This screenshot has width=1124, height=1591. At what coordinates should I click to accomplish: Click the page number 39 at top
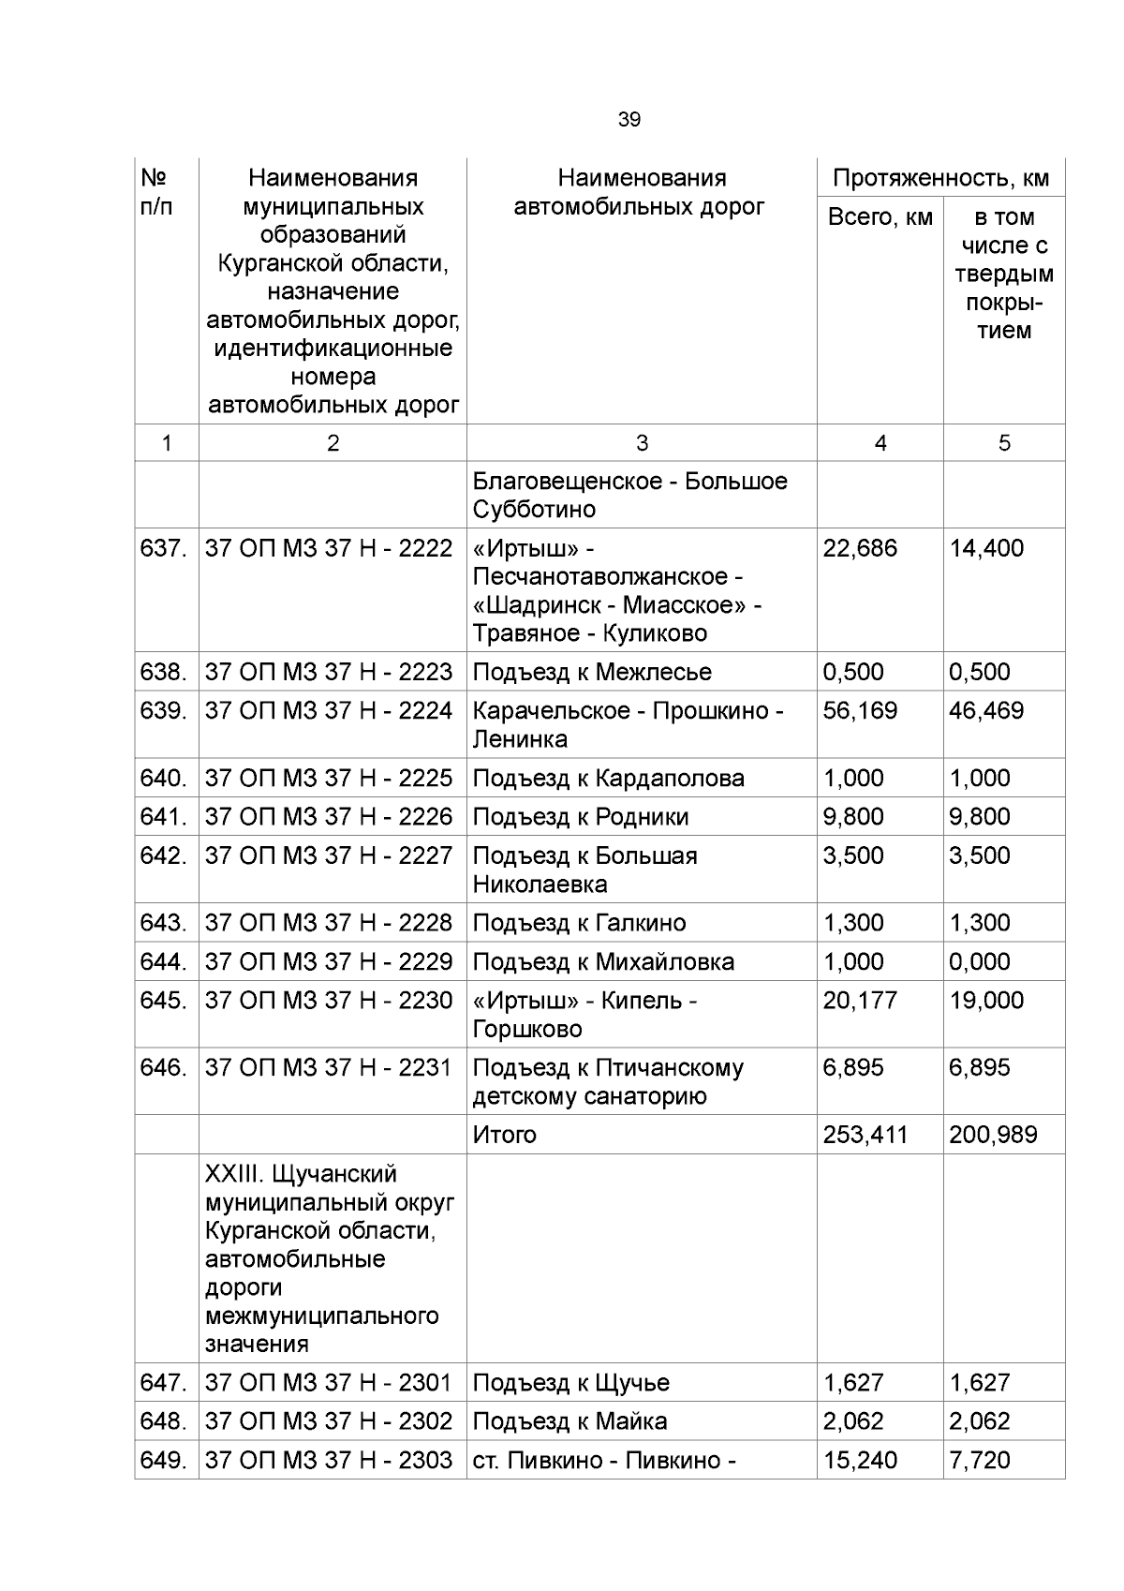point(629,120)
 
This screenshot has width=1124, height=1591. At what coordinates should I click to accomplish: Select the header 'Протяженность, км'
point(940,178)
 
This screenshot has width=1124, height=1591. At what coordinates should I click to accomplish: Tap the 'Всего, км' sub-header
point(880,217)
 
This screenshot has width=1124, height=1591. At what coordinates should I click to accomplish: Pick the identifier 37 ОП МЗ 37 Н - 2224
point(329,710)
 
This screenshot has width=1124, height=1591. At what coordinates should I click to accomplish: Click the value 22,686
point(860,548)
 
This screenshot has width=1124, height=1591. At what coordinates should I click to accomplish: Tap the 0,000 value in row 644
point(979,962)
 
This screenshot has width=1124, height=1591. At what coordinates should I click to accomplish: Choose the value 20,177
point(860,1001)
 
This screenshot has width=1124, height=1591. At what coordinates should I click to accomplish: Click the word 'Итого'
point(504,1135)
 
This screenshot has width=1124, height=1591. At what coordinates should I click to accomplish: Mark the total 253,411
point(865,1135)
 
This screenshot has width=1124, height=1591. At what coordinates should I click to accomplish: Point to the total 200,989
point(993,1135)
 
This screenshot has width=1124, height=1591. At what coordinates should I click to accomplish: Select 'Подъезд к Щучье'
point(570,1383)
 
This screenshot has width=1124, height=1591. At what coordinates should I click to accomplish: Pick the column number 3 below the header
point(642,443)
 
